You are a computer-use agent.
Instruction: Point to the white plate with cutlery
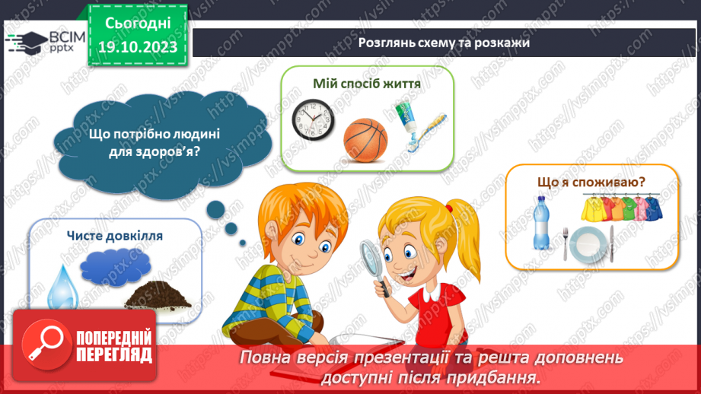pos(588,243)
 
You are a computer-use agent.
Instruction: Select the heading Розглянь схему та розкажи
pos(444,42)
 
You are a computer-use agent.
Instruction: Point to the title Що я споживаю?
pos(591,182)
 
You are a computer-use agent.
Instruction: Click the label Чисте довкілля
pos(114,236)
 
